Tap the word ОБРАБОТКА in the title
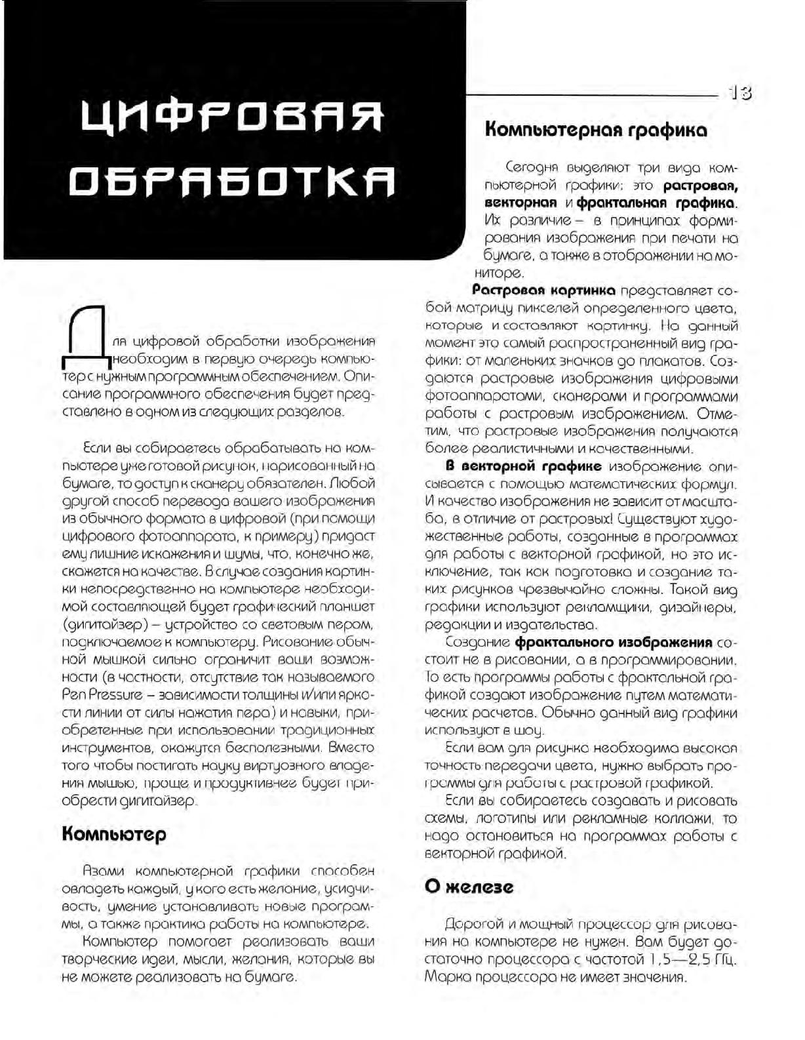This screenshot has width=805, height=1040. click(233, 182)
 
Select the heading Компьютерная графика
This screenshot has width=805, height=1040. click(595, 130)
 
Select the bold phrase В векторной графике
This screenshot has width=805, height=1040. click(523, 466)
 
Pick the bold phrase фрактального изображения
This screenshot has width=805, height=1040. click(614, 641)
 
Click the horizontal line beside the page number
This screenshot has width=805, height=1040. click(590, 96)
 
